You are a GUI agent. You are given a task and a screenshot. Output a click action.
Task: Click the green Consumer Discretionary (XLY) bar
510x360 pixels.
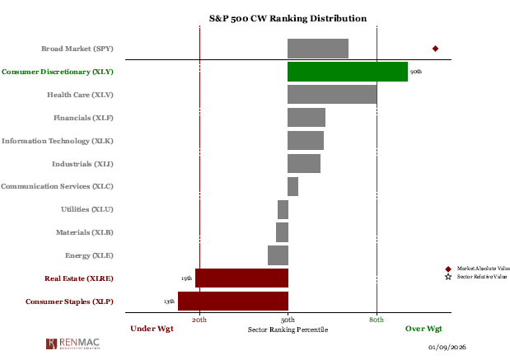coord(347,72)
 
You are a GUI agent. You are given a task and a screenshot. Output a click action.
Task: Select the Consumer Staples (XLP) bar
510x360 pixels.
coord(233,302)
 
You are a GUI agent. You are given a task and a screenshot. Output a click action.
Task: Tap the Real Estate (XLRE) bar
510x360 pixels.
coord(241,278)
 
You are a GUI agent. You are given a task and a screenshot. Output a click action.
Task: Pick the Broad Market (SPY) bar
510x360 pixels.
coord(317,49)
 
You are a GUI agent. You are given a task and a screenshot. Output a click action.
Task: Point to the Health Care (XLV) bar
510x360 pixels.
coord(332,95)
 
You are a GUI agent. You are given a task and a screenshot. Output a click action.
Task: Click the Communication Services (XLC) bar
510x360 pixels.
coord(292,186)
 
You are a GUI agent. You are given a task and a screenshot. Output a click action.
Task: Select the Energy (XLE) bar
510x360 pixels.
coord(278,255)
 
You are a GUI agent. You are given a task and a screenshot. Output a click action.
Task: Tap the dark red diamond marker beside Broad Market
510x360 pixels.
coord(435,49)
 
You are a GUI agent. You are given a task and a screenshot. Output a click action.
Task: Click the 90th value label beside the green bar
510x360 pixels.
coord(416,72)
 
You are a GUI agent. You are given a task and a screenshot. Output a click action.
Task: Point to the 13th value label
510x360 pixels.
coord(169,302)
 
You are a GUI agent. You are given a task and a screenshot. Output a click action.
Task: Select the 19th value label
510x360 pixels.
coord(186,279)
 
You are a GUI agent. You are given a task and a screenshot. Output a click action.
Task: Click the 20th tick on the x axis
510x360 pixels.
coord(199,319)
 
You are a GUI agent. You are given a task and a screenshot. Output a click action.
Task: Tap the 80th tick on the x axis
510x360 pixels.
coord(377,319)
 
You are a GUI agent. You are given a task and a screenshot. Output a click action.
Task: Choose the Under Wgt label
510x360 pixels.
coord(152,329)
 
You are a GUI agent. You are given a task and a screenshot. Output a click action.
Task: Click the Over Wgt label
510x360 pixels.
coord(423,329)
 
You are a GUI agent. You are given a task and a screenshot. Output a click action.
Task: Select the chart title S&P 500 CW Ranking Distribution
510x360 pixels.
coord(288,18)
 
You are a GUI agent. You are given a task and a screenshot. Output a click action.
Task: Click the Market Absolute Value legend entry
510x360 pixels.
coord(483,269)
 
